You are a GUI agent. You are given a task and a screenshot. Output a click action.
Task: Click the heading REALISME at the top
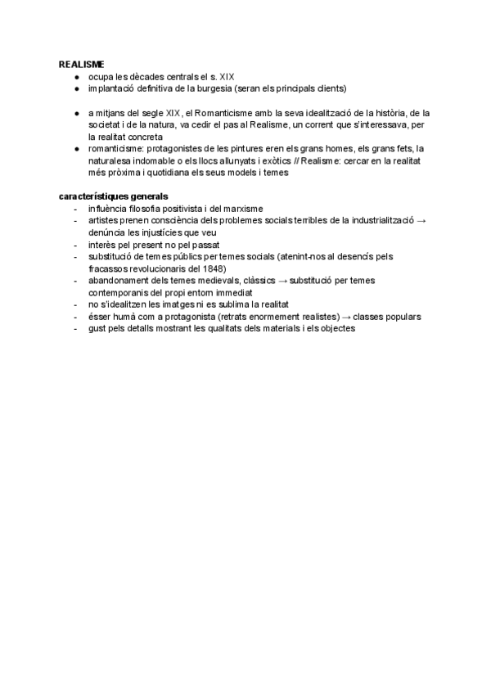81,64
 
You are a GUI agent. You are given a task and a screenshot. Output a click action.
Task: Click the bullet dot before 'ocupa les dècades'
74,77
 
